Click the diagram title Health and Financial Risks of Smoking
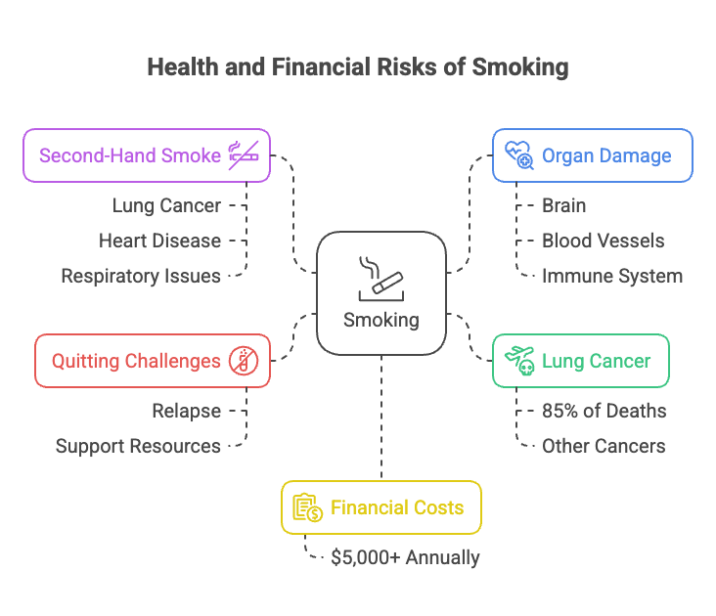(357, 66)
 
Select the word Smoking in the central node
(381, 320)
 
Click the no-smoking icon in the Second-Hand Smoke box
(242, 154)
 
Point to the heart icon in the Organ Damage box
(517, 154)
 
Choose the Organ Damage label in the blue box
(606, 154)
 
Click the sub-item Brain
(564, 205)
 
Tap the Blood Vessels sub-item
(603, 241)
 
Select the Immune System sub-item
(612, 276)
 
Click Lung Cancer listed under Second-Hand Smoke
(166, 205)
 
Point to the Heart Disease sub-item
(159, 241)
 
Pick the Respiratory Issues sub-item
(141, 276)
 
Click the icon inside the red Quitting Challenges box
(242, 361)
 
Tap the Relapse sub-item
(186, 411)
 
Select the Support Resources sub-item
(138, 446)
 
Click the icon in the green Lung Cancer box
(517, 361)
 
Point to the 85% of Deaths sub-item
(604, 411)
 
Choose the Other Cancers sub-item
(604, 446)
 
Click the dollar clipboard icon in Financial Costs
(307, 507)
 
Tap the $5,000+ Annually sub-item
(405, 557)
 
